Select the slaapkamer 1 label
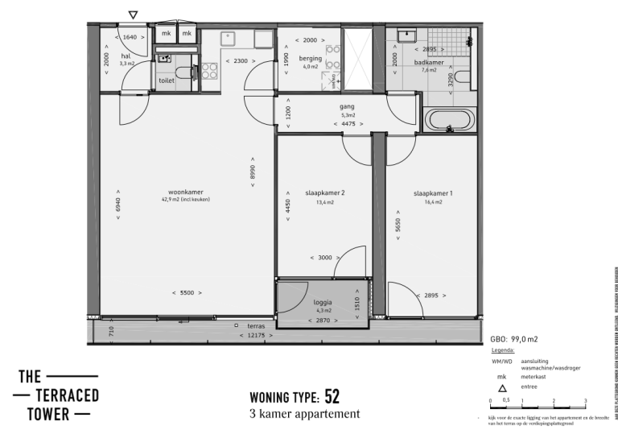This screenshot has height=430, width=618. (427, 193)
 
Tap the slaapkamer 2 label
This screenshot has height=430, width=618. (324, 193)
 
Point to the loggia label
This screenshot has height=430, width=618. (323, 303)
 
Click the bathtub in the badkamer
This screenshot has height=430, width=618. (451, 121)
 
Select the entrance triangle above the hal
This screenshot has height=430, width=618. (133, 14)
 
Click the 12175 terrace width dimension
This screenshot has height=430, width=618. (255, 334)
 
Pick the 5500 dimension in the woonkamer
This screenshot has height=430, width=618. (186, 293)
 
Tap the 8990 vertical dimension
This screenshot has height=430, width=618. (253, 172)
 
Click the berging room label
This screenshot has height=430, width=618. (311, 59)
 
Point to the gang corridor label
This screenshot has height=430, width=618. (347, 106)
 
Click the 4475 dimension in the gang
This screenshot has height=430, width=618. (347, 124)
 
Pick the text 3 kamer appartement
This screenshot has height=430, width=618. (305, 414)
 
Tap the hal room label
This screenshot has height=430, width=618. (125, 56)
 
